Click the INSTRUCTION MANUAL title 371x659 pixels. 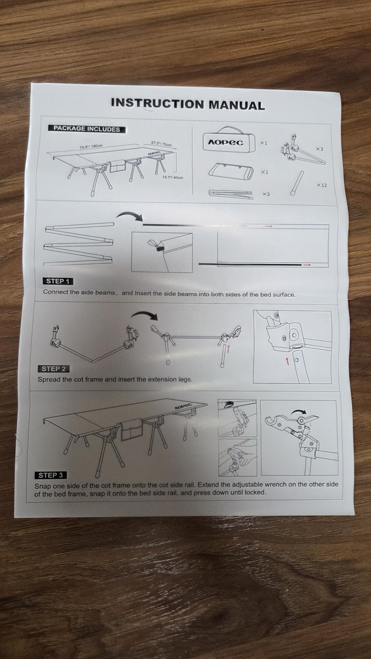coord(188,104)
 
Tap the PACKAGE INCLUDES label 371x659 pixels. coord(86,129)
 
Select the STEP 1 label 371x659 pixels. coord(58,281)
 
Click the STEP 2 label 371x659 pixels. coord(53,369)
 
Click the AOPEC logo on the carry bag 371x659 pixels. coord(226,142)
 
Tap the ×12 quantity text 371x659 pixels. coord(322,185)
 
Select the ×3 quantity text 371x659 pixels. coord(320,149)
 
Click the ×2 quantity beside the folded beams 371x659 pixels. coord(266,194)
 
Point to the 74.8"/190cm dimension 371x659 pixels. coord(91,147)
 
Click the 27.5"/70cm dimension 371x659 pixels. coord(161,144)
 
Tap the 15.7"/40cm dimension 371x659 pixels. coord(173,177)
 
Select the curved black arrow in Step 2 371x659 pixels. coord(144,315)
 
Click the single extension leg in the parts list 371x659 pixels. coord(297,183)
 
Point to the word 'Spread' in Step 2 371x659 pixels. coord(49,379)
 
